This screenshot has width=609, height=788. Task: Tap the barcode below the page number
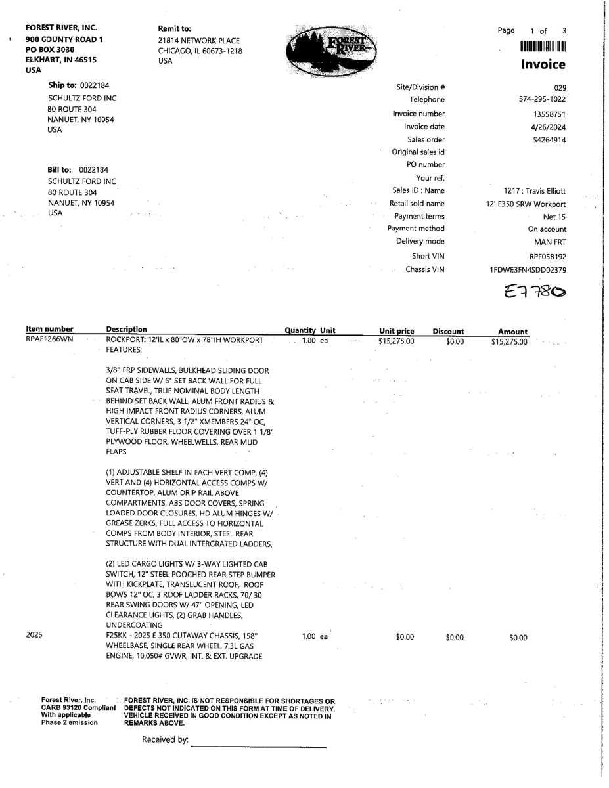[x=543, y=46]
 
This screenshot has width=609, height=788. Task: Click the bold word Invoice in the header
[x=543, y=64]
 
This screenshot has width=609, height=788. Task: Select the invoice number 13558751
[x=549, y=114]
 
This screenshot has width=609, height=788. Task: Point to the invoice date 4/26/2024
[x=550, y=127]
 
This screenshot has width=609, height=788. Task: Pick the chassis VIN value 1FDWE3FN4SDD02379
[x=528, y=270]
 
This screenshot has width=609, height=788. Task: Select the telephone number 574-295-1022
[x=542, y=100]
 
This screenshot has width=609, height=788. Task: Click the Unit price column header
[x=396, y=331]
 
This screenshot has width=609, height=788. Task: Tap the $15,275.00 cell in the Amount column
[x=508, y=342]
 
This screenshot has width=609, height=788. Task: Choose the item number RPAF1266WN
[x=49, y=340]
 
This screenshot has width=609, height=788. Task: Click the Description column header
[x=126, y=330]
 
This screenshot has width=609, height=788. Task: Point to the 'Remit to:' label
[x=174, y=29]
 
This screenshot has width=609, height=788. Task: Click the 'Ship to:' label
[x=62, y=85]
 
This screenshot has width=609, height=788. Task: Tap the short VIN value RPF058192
[x=547, y=257]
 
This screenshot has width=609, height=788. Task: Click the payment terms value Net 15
[x=554, y=217]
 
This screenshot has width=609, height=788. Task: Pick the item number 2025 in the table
[x=34, y=636]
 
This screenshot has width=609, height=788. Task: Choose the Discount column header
[x=447, y=332]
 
